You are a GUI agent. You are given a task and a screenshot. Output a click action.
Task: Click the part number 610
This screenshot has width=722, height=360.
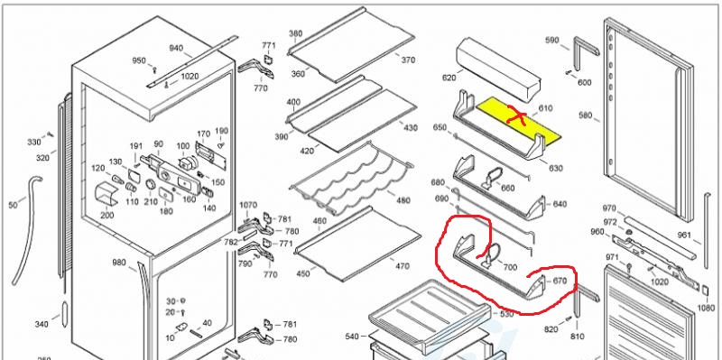click(x=546, y=108)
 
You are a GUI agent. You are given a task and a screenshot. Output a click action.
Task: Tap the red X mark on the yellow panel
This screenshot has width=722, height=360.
click(x=517, y=115)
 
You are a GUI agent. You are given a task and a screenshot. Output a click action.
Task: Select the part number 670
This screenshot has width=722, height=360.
click(x=559, y=281)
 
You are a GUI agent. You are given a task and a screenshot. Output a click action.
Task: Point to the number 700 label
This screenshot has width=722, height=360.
click(x=510, y=267)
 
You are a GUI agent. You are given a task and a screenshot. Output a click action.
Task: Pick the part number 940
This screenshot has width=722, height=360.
click(x=176, y=48)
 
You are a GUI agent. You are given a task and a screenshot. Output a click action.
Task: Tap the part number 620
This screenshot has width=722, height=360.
click(x=449, y=78)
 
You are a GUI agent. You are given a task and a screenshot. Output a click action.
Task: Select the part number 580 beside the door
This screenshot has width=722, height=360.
click(x=585, y=115)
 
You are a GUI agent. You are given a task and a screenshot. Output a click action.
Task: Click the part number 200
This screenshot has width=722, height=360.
click(x=106, y=215)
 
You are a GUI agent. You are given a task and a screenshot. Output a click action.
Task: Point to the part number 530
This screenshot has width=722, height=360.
click(x=506, y=314)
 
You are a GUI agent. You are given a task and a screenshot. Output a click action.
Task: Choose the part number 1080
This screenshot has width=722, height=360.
click(x=706, y=308)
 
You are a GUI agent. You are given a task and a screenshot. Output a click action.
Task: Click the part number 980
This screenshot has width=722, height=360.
click(x=119, y=263)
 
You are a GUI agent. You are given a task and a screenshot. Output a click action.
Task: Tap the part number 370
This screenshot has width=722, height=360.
click(x=408, y=60)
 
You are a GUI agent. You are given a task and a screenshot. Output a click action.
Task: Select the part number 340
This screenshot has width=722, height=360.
click(x=41, y=325)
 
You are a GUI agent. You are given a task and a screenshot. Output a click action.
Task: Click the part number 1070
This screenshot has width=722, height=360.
click(x=249, y=205)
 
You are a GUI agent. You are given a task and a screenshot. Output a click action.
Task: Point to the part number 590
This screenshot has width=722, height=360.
click(x=552, y=40)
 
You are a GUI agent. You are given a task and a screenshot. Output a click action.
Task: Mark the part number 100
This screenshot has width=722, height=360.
click(x=183, y=146)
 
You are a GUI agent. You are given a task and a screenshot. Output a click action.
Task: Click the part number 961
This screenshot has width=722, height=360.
click(x=684, y=235)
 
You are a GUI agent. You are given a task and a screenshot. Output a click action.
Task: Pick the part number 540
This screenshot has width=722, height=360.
click(x=352, y=337)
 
